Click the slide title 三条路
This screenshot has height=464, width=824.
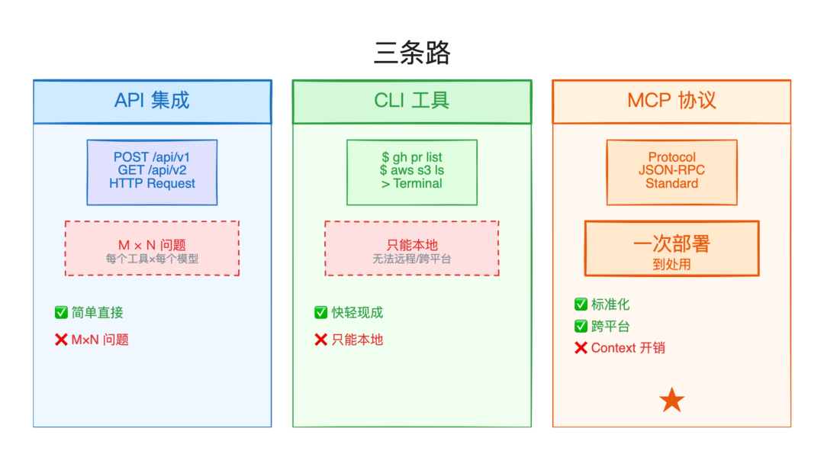(x=412, y=53)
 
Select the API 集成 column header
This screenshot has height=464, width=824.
(x=152, y=101)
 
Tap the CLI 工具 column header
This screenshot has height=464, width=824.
(x=411, y=101)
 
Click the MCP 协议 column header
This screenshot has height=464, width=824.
(x=671, y=101)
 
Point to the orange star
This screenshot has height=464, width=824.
(x=671, y=400)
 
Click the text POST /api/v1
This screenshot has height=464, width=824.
(x=152, y=157)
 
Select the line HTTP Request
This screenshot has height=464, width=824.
(x=152, y=183)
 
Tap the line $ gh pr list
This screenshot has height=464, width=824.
(x=411, y=157)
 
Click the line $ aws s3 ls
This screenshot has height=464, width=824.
(x=411, y=170)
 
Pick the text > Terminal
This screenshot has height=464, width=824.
(x=411, y=183)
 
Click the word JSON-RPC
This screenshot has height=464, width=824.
(x=671, y=170)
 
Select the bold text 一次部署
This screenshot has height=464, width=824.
(x=671, y=243)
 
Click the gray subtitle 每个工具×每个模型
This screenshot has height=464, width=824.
(x=152, y=259)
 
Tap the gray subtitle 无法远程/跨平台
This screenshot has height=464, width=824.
(x=411, y=259)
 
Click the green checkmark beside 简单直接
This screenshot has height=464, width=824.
(x=61, y=312)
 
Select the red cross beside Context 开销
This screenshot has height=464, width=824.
(x=581, y=348)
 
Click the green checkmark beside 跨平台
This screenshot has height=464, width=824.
(x=581, y=327)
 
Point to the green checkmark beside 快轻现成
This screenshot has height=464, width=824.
(x=321, y=312)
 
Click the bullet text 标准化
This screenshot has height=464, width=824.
(x=610, y=304)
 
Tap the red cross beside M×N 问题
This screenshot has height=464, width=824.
(x=61, y=340)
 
